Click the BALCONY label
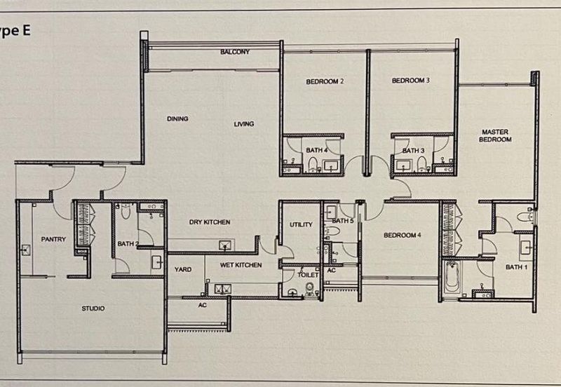pos(235,52)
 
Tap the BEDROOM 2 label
pos(325,81)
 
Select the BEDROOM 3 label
pos(411,81)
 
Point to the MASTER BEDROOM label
pos(495,135)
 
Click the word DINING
pos(177,118)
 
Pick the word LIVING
pos(244,124)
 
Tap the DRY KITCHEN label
pos(210,222)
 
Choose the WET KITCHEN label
pos(241,265)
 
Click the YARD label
pos(183,269)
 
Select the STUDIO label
pos(93,308)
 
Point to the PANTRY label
pos(53,239)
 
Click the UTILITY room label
pos(301,224)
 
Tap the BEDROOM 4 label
pos(402,236)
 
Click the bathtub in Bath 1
pos(451,278)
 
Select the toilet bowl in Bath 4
pos(313,164)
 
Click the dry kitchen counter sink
pos(224,245)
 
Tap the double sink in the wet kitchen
pos(222,289)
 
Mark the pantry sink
pos(25,250)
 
